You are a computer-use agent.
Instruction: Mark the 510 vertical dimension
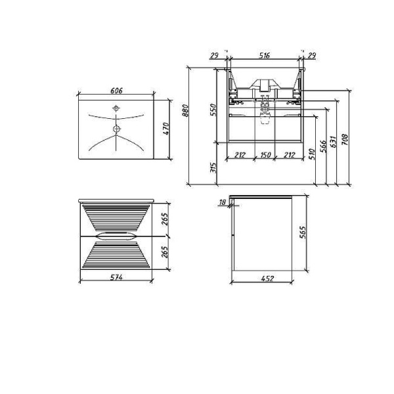pos(311,154)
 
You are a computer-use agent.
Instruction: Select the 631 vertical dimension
pos(333,142)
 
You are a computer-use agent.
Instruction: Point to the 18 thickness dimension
pos(223,203)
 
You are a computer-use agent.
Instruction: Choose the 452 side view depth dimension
pos(267,279)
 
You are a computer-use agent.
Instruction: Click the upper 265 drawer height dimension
pos(165,219)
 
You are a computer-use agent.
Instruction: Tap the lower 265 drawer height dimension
pos(165,252)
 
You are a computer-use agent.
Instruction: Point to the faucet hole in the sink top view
pos(116,106)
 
